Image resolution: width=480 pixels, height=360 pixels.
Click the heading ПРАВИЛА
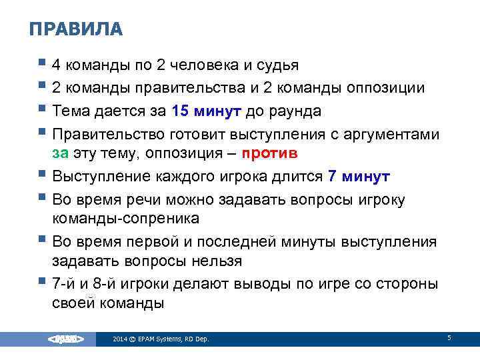coord(77,29)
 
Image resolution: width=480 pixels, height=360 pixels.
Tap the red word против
coord(269,153)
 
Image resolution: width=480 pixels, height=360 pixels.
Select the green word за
coord(60,153)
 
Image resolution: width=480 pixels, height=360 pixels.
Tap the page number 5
coord(449,339)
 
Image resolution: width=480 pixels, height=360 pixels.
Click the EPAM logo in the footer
coord(65,339)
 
